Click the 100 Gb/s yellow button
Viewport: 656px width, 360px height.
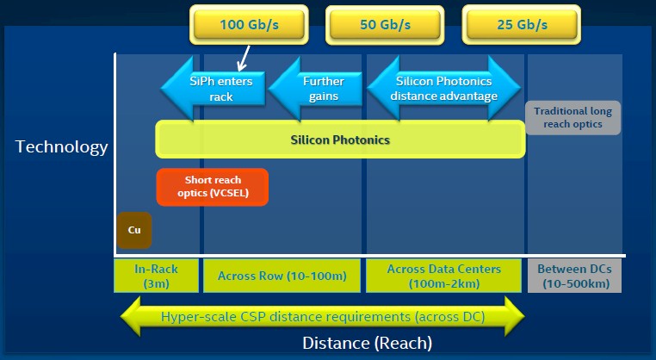coord(249,25)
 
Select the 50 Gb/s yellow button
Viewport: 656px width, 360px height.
coord(385,25)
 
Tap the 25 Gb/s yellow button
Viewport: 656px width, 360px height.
coord(522,25)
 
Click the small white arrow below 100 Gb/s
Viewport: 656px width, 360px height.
coord(244,59)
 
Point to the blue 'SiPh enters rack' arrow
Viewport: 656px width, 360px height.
coord(213,89)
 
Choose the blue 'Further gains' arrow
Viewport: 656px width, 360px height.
coord(315,89)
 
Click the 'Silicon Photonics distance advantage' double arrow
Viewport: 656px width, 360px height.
coord(444,89)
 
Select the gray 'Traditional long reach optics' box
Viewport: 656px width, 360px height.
coord(572,118)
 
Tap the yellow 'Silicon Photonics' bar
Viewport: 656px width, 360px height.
coord(340,140)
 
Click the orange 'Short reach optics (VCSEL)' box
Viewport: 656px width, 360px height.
coord(213,187)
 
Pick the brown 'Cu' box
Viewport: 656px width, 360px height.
coord(134,230)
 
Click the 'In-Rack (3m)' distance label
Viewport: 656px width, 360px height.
coord(156,276)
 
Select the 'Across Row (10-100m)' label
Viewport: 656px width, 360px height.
coord(282,276)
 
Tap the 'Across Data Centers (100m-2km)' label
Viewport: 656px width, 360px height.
coord(444,276)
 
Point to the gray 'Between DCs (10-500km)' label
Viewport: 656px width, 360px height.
coord(574,276)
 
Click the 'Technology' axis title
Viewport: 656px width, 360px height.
coord(61,147)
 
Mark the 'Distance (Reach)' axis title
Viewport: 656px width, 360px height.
coord(368,343)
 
